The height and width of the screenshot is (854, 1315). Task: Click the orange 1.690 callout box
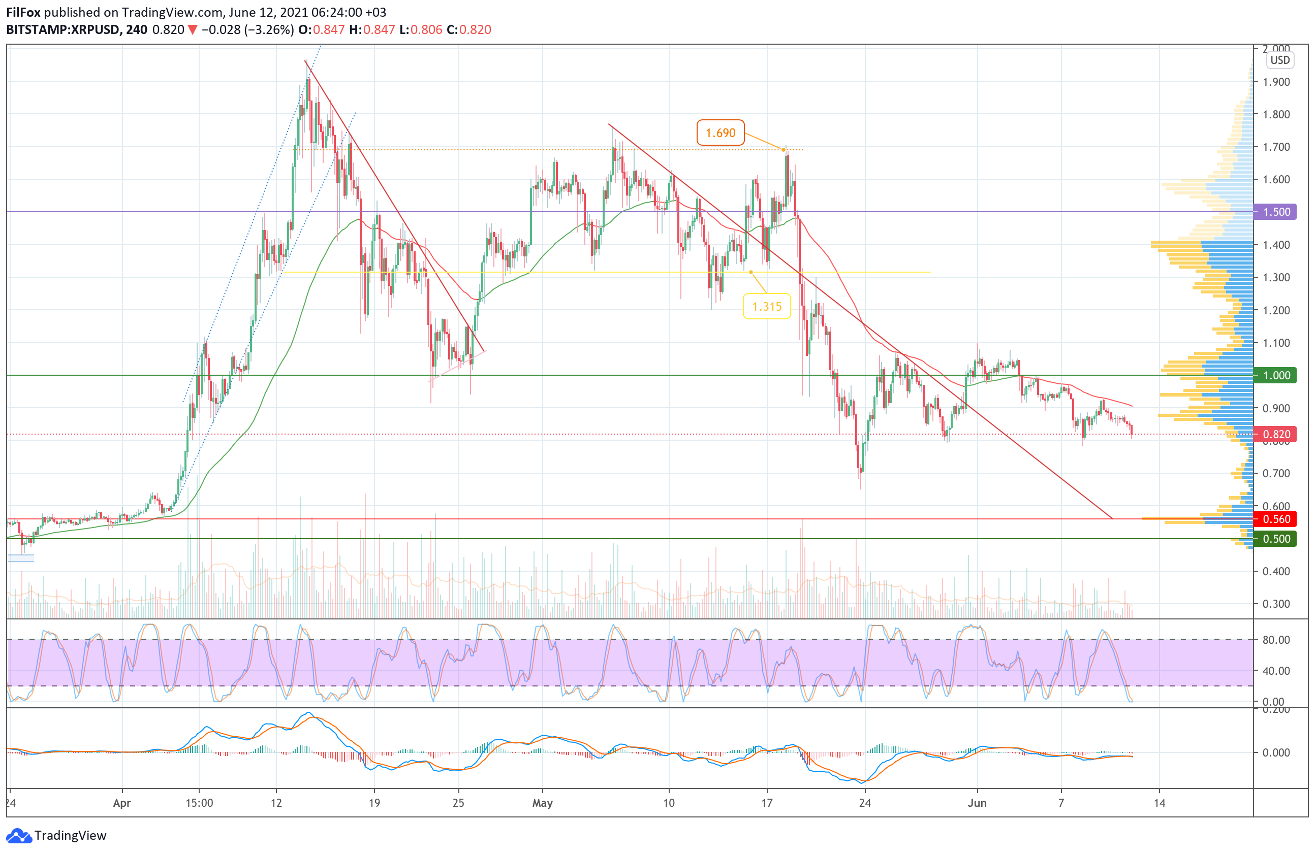pos(720,133)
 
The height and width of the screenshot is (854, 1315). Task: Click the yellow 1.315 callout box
pos(766,306)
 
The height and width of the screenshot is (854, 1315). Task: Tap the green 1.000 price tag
pos(1275,375)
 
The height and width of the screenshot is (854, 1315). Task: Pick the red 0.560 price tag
pos(1275,519)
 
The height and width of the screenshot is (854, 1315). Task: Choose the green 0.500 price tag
pos(1275,539)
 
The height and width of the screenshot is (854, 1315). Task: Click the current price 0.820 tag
pos(1275,435)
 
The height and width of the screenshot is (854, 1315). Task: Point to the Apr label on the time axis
pos(121,803)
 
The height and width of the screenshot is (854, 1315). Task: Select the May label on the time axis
pos(542,803)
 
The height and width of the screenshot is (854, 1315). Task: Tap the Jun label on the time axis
pos(977,803)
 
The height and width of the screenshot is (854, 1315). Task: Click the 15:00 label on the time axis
pos(199,803)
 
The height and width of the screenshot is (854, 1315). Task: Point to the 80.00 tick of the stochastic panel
pos(1276,640)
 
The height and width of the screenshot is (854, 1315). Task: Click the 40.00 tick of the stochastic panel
pos(1276,671)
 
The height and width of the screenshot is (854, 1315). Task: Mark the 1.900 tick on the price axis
pos(1276,82)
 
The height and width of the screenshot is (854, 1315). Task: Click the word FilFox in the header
pos(23,12)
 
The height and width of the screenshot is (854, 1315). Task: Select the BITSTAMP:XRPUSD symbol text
pos(63,30)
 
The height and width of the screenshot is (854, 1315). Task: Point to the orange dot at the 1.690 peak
pos(784,150)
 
